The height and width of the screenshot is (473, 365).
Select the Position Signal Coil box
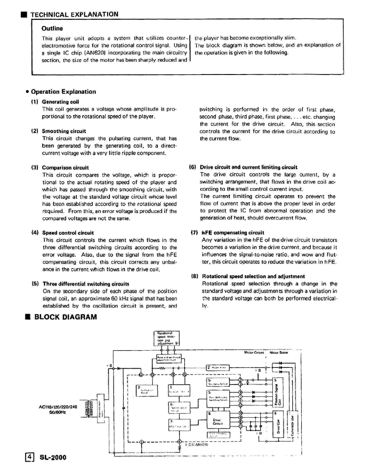tap(278, 392)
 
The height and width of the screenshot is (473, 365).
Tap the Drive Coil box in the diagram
tap(278, 424)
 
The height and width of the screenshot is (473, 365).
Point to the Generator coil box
tap(292, 425)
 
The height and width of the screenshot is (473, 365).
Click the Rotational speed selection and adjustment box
tap(166, 338)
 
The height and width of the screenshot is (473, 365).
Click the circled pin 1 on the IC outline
tap(141, 442)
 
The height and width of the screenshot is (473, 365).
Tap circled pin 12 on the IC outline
tap(241, 405)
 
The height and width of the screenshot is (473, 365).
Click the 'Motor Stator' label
tap(279, 352)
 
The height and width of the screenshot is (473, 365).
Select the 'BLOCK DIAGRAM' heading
tap(65, 317)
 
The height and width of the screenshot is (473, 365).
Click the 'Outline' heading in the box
tap(52, 29)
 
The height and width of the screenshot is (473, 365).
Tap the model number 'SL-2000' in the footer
tap(53, 457)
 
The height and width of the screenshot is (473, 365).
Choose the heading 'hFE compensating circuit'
tap(233, 233)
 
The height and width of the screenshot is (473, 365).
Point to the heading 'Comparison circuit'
tap(65, 168)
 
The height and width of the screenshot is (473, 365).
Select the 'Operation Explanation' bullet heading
tap(63, 92)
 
